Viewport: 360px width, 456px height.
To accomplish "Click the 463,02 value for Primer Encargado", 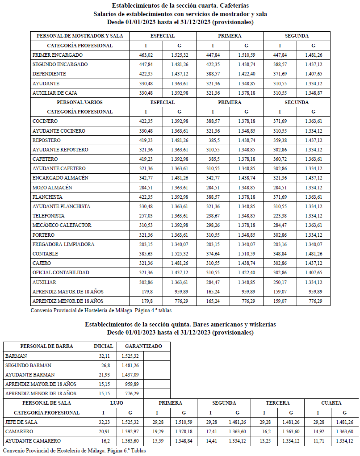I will pos(146,55).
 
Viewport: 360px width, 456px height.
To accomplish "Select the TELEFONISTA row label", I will pos(48,216).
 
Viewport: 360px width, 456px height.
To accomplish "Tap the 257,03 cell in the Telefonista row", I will pos(146,216).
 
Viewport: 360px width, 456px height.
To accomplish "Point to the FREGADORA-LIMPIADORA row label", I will pos(63,244).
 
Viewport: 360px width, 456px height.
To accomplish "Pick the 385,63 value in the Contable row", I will pos(146,254).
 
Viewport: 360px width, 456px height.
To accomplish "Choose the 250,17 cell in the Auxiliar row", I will pos(280,282).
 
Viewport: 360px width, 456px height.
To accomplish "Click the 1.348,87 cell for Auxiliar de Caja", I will pos(313,93).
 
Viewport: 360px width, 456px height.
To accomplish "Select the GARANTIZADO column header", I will pos(143,346).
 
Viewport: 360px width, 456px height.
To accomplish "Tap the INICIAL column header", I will pos(103,346).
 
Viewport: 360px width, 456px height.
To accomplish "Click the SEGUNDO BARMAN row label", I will pos(28,365).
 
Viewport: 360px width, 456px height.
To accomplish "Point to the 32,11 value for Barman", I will pos(103,356).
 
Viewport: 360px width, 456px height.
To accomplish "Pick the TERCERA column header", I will pos(277,403).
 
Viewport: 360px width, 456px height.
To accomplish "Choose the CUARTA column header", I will pos(331,403).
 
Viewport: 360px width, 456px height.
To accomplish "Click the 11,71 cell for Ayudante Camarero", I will pos(318,441).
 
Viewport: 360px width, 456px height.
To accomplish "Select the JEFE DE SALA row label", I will pos(21,422).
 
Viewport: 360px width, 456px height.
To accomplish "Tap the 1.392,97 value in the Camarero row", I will pos(130,432).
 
